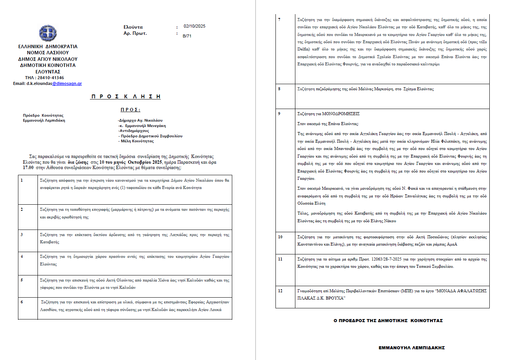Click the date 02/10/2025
pyautogui.click(x=194, y=26)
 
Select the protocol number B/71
pyautogui.click(x=187, y=36)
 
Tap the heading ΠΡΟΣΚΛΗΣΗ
pyautogui.click(x=125, y=97)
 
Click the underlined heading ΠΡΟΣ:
pyautogui.click(x=130, y=110)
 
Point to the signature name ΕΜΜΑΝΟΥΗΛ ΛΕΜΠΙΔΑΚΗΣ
pyautogui.click(x=412, y=348)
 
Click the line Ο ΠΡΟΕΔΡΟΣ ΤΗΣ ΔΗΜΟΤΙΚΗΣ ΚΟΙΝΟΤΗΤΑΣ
pyautogui.click(x=388, y=321)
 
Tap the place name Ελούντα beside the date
pyautogui.click(x=133, y=27)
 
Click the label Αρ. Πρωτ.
pyautogui.click(x=135, y=33)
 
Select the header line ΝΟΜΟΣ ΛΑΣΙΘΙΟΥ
pyautogui.click(x=48, y=53)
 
